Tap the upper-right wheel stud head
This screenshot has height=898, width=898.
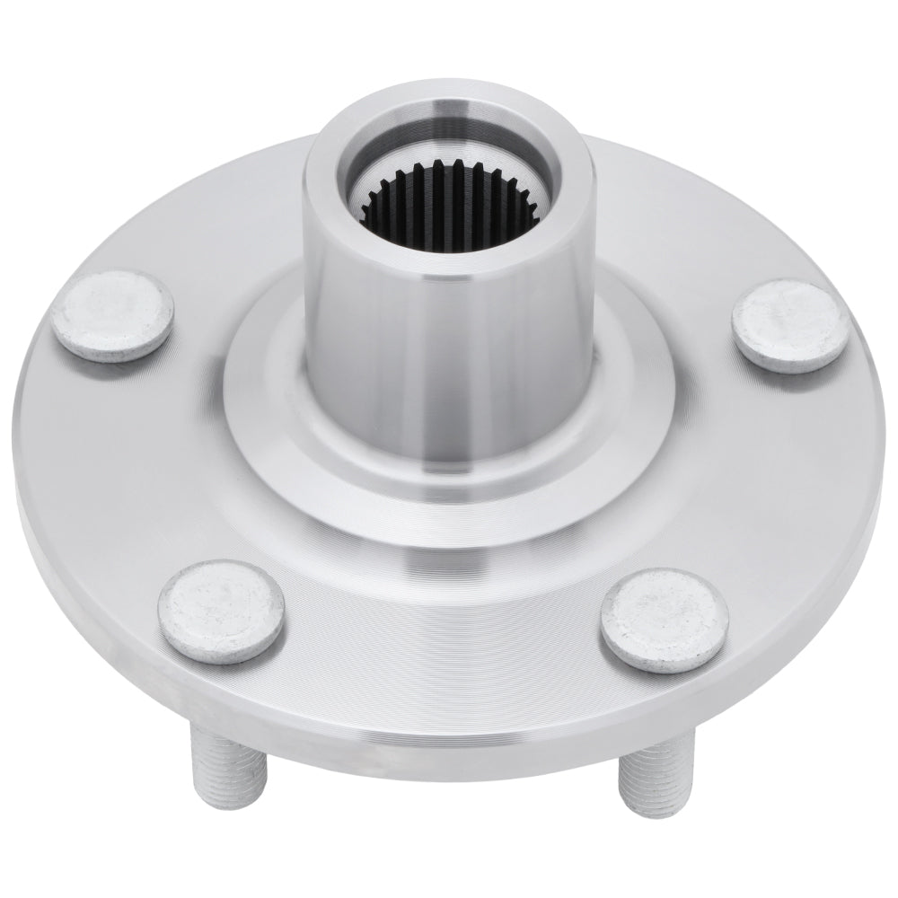click(788, 323)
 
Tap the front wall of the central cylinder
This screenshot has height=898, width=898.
click(449, 359)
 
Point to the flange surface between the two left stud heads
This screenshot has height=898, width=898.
click(126, 467)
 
